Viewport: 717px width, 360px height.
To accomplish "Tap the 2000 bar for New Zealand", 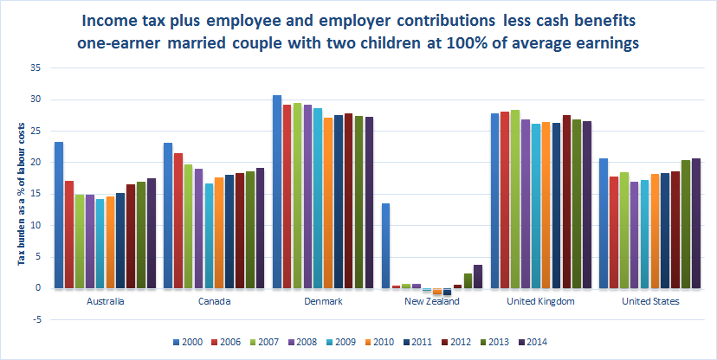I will [386, 246].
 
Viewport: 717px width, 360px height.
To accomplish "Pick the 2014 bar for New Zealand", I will [478, 276].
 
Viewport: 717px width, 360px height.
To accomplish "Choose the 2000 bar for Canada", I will [168, 215].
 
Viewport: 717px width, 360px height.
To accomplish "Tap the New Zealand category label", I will [431, 302].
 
